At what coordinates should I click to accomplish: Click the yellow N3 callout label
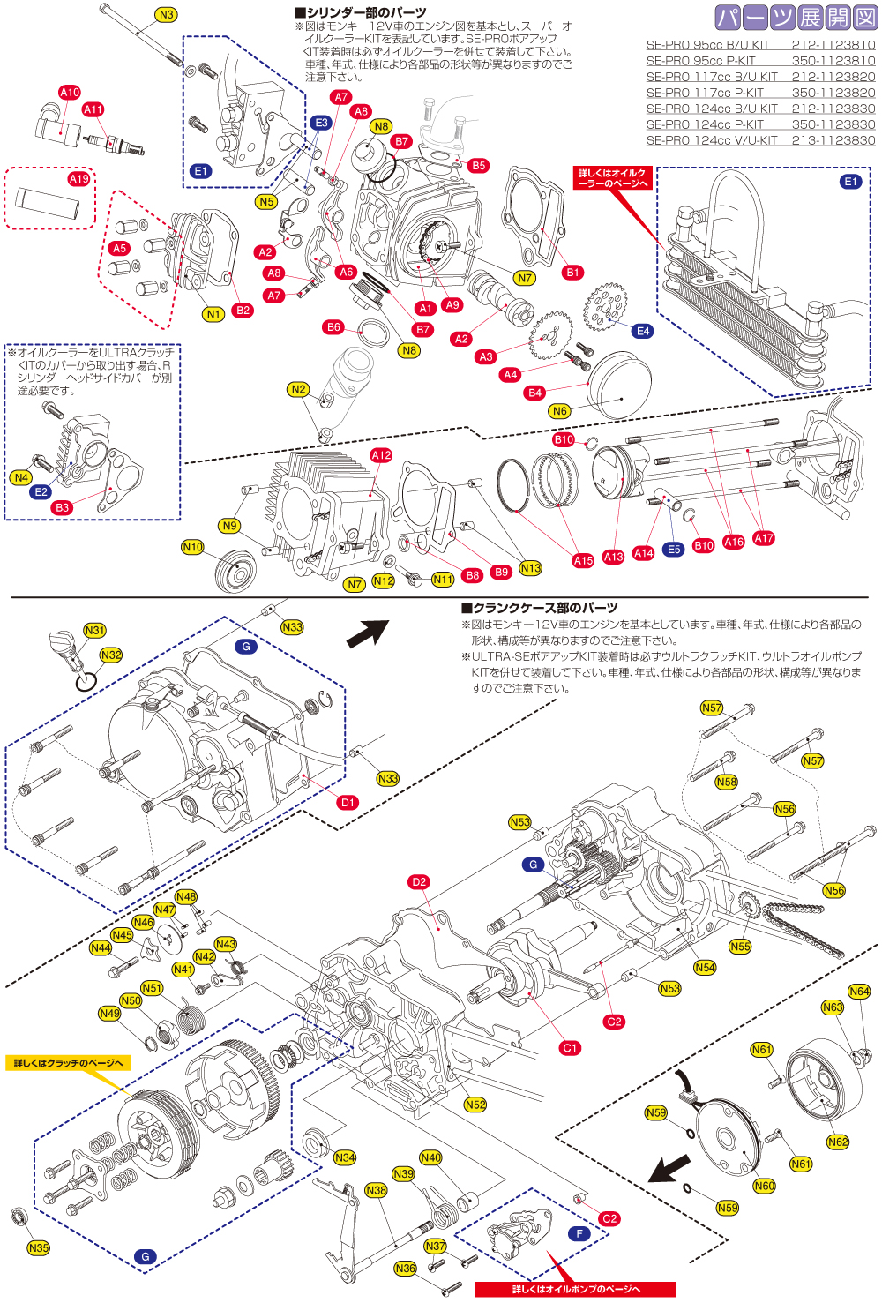[x=166, y=15]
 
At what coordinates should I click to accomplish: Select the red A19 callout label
[x=78, y=179]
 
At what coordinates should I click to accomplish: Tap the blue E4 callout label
[x=643, y=331]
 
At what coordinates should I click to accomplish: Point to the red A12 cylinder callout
[x=381, y=455]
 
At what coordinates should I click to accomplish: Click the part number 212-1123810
[x=833, y=44]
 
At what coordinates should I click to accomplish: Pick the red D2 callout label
[x=419, y=881]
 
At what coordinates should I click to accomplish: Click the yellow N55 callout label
[x=740, y=947]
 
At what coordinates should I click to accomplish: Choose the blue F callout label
[x=579, y=1233]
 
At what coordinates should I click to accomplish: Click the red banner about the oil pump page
[x=575, y=1289]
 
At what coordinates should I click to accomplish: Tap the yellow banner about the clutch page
[x=68, y=1063]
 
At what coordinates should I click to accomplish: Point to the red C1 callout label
[x=570, y=1048]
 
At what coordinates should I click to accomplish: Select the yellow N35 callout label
[x=39, y=1248]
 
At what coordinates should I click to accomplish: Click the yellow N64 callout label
[x=859, y=992]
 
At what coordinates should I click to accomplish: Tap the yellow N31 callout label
[x=94, y=631]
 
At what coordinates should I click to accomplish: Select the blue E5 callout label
[x=674, y=550]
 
